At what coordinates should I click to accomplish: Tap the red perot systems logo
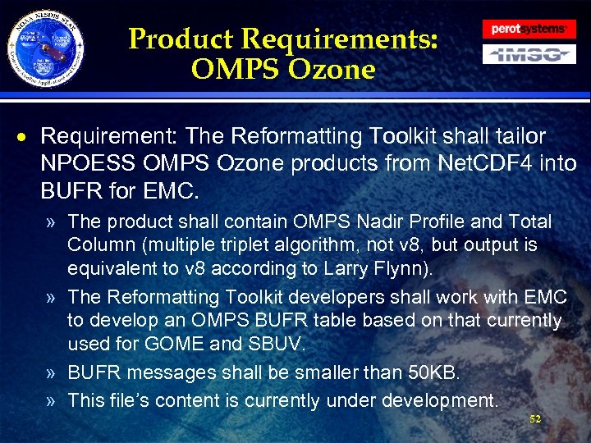[528, 29]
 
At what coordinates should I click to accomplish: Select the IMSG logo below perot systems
[528, 55]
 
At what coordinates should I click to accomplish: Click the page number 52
[535, 419]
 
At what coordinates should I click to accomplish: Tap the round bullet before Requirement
[27, 136]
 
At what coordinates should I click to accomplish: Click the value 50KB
[433, 372]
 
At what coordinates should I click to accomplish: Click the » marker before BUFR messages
[53, 372]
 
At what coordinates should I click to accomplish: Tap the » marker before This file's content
[53, 400]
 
